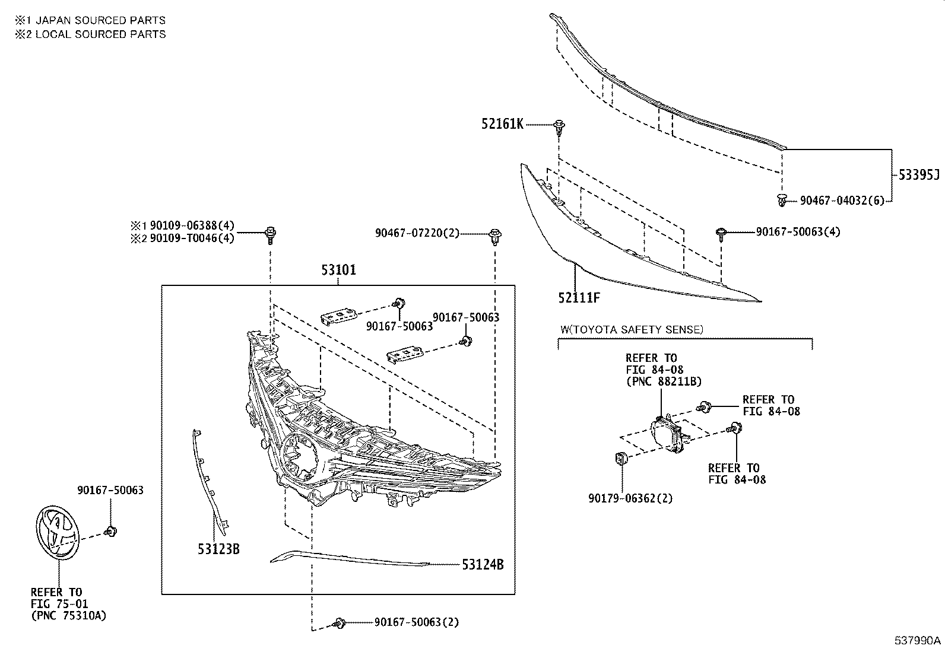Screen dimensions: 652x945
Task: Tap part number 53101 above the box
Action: pos(338,271)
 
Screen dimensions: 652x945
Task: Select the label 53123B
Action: pos(218,549)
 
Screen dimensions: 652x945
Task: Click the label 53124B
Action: pos(483,565)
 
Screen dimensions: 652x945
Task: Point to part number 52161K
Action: pos(502,125)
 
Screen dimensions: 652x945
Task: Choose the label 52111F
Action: pos(579,297)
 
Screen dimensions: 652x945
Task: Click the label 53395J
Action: pos(918,174)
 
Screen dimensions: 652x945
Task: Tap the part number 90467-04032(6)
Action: pos(842,201)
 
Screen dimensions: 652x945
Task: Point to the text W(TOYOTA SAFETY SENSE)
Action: pos(632,329)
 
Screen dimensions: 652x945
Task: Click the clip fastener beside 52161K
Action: pos(559,126)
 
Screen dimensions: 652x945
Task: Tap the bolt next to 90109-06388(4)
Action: pos(271,233)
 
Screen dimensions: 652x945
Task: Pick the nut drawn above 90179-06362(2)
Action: pos(621,459)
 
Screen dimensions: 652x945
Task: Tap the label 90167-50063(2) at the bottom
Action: pos(416,622)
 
